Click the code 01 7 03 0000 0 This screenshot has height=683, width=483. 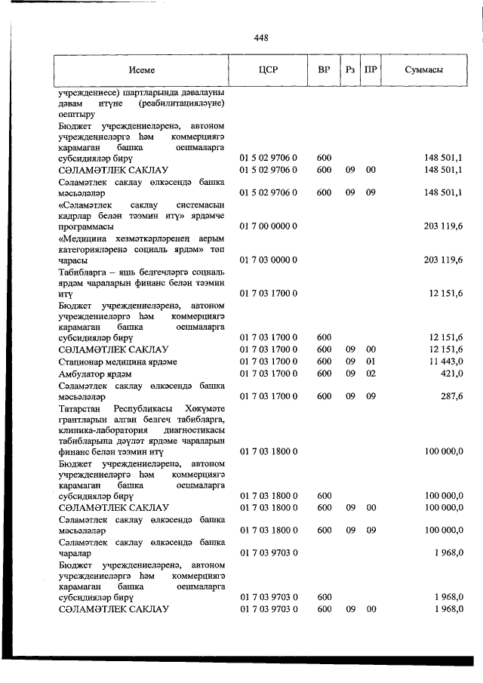click(x=269, y=260)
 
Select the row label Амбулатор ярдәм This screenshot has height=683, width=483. click(x=94, y=374)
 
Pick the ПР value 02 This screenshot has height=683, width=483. click(x=371, y=374)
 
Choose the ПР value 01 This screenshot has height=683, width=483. click(x=371, y=361)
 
